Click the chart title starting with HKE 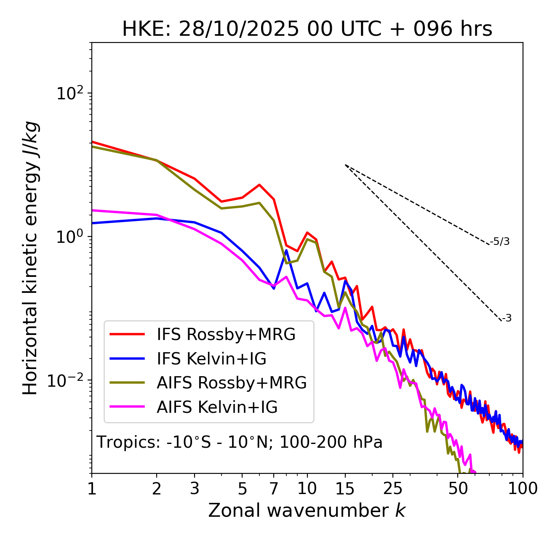coord(307,29)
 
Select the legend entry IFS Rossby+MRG coord(226,335)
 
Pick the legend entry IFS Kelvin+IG coord(211,359)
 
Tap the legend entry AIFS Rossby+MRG coord(231,383)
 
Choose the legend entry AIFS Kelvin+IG coord(217,407)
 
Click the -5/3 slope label coord(500,242)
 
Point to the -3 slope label coord(507,318)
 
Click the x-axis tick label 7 coord(274,489)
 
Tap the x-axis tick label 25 coord(393,489)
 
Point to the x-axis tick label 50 coord(458,489)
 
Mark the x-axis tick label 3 coord(195,489)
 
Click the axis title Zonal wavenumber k coord(307,510)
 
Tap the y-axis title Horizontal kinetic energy coord(31,258)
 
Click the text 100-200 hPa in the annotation coord(331,442)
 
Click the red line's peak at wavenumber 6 coord(259,184)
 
